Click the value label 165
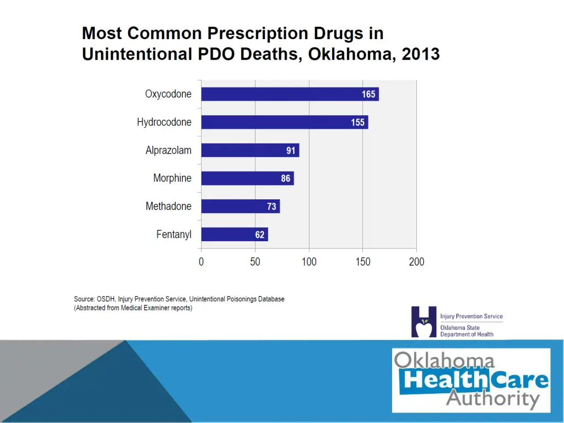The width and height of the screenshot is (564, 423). click(x=368, y=94)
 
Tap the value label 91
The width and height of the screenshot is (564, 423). click(x=291, y=150)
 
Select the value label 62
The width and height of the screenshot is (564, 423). click(x=260, y=235)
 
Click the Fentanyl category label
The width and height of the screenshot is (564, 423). click(x=174, y=235)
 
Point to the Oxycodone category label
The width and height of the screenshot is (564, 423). click(x=169, y=94)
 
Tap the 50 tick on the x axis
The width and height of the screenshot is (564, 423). click(x=255, y=262)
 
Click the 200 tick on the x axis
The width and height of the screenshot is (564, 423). click(x=416, y=262)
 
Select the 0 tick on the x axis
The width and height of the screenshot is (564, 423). click(x=201, y=262)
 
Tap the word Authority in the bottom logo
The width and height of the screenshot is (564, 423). click(x=492, y=398)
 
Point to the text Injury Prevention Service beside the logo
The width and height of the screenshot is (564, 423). click(x=471, y=317)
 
